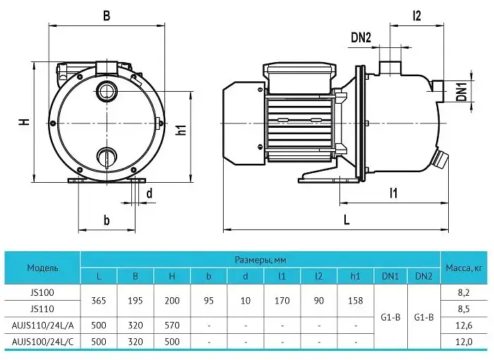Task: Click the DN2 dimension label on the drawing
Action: tap(361, 38)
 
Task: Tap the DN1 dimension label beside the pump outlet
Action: tap(462, 92)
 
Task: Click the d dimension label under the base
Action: tap(150, 193)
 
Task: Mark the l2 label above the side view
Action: tap(416, 15)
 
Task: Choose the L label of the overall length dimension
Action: tap(347, 220)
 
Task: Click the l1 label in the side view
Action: tap(394, 193)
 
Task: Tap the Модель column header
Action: tap(42, 268)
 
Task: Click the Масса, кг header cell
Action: tap(464, 268)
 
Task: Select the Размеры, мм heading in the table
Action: tap(260, 260)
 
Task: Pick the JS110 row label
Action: tap(42, 309)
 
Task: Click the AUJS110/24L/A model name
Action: tap(42, 325)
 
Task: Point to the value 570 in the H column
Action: tap(172, 325)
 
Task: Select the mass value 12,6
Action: tap(464, 325)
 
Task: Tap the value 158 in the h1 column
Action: tap(356, 301)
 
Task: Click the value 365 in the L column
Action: tap(99, 301)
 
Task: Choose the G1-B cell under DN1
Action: tap(390, 317)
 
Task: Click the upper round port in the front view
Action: tap(107, 92)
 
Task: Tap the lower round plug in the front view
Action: tap(107, 157)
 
